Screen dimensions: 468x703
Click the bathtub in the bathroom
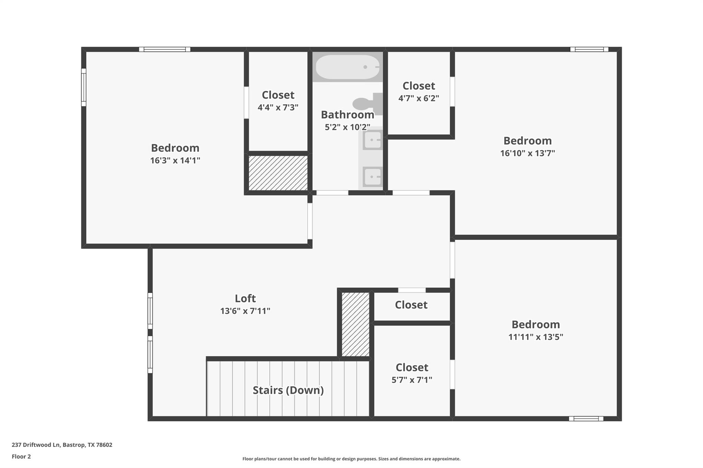[x=347, y=67]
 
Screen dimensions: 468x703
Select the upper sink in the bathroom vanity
[x=372, y=140]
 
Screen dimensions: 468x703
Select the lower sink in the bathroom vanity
[x=372, y=177]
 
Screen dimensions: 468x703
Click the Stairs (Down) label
[x=288, y=390]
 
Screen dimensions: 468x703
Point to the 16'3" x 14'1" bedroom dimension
[x=175, y=160]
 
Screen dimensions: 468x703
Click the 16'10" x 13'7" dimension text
[x=527, y=153]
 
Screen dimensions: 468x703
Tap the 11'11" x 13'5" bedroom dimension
[x=535, y=337]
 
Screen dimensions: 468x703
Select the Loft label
[x=245, y=298]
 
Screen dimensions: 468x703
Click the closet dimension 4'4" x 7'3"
[x=278, y=108]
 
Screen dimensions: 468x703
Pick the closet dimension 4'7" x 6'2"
[x=418, y=98]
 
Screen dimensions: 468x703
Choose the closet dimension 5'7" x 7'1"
[x=412, y=380]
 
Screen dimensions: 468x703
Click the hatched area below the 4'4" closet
[x=278, y=173]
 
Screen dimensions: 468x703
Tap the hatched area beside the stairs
[x=356, y=324]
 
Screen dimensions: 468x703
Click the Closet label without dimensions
[x=411, y=305]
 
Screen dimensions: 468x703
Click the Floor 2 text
[x=21, y=456]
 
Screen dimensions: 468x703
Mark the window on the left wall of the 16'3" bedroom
[x=83, y=87]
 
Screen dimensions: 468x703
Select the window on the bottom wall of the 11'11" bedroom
[x=586, y=419]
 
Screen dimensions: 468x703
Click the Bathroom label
[x=347, y=115]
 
